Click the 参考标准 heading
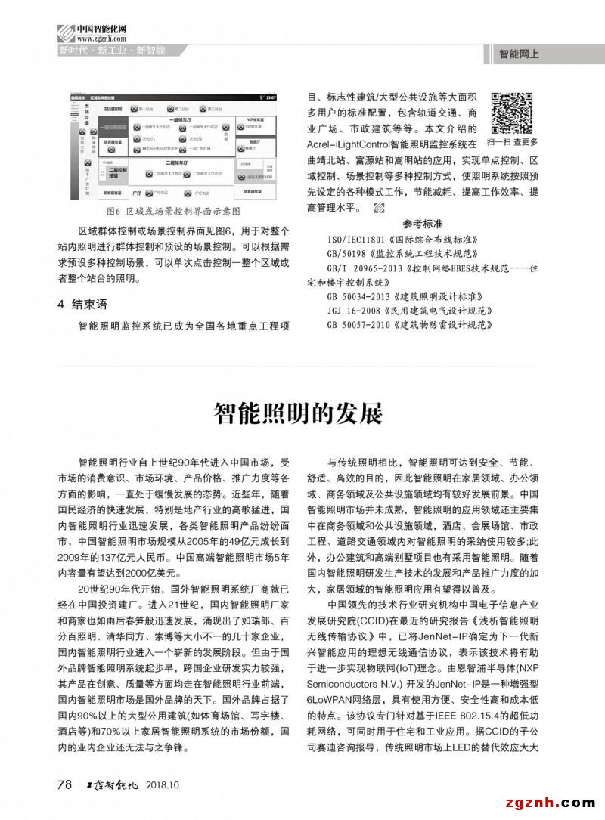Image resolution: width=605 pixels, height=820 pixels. click(423, 224)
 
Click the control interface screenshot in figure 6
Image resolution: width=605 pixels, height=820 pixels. click(173, 147)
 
